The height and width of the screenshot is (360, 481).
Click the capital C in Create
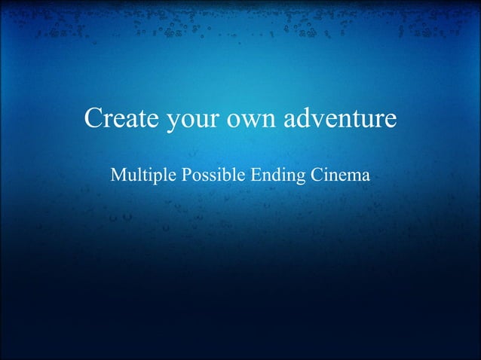click(93, 119)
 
